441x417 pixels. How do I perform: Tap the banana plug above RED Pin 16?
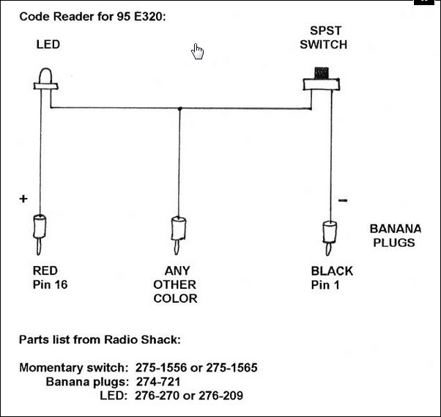[40, 232]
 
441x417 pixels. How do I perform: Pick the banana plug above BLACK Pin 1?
[329, 234]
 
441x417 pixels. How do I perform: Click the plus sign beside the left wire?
[23, 199]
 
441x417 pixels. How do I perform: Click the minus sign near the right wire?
[344, 199]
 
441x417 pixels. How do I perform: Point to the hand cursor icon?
[198, 51]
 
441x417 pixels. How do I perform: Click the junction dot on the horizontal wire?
[180, 109]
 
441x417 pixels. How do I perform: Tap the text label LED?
[48, 45]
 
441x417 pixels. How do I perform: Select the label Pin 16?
[50, 284]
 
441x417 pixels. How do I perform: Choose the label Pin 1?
[325, 284]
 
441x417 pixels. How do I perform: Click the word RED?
[45, 270]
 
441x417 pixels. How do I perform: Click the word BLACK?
[332, 270]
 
